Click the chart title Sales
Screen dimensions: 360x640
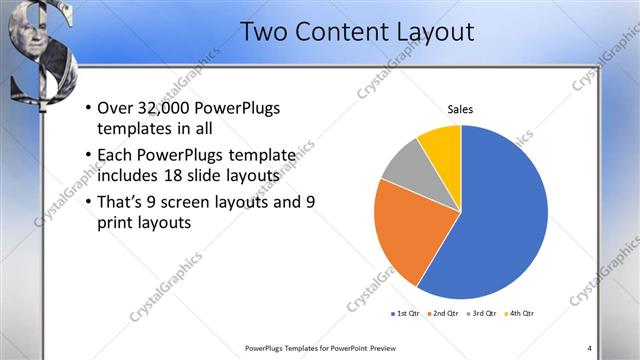[x=460, y=110]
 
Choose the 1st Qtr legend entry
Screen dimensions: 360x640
[x=406, y=313]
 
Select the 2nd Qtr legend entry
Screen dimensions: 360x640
[x=444, y=313]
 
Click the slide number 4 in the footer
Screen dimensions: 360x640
[x=589, y=348]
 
